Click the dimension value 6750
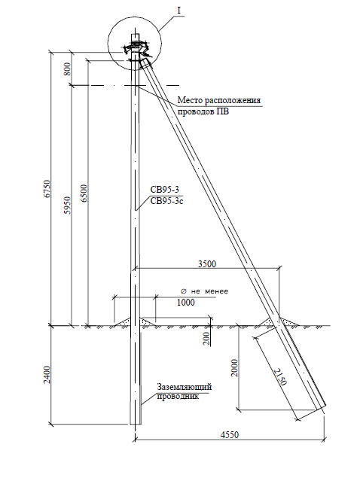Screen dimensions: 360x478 47,189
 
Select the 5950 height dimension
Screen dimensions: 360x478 68,206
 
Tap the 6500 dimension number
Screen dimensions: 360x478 84,193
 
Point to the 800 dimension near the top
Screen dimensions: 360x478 68,69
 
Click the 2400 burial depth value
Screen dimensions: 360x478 47,375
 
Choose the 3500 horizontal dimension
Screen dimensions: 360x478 207,263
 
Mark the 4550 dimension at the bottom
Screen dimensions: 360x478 230,434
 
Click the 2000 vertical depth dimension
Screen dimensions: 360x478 234,368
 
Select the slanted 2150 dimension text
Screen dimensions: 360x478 280,377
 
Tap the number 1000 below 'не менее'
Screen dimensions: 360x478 186,303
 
